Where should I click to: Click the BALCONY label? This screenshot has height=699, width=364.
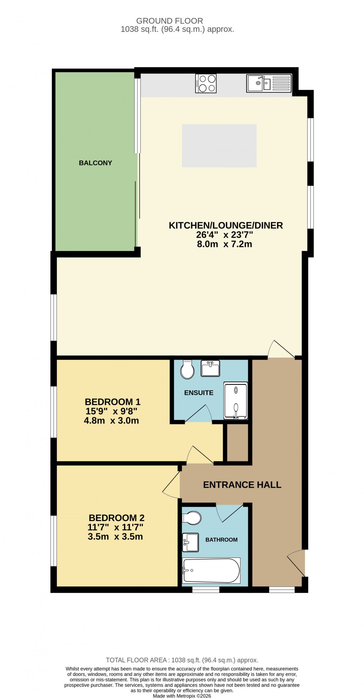tap(95, 163)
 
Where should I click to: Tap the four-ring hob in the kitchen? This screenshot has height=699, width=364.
tap(206, 83)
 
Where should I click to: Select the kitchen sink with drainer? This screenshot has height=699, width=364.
tap(269, 83)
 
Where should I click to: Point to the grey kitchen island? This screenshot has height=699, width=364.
tap(219, 145)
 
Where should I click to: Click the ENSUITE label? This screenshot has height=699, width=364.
tap(199, 393)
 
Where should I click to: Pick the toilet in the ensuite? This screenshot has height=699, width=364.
tap(187, 370)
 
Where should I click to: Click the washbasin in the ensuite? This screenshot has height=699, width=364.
tap(210, 368)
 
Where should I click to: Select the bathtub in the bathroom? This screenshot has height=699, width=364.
tap(211, 570)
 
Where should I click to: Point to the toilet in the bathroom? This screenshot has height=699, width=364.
tap(192, 518)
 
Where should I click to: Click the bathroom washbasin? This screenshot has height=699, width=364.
tap(190, 542)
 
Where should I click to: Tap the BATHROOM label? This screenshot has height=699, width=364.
tap(221, 540)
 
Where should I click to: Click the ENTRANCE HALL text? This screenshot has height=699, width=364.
tap(242, 485)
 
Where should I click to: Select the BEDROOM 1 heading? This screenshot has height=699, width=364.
tap(112, 402)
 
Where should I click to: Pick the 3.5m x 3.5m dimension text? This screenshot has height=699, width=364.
tap(115, 536)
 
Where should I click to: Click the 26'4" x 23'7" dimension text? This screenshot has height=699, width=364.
tap(224, 235)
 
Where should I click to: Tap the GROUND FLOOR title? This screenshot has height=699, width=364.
tap(170, 21)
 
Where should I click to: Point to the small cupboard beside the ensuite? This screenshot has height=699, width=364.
tap(238, 443)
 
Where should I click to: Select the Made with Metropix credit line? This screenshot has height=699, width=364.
tap(182, 696)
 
